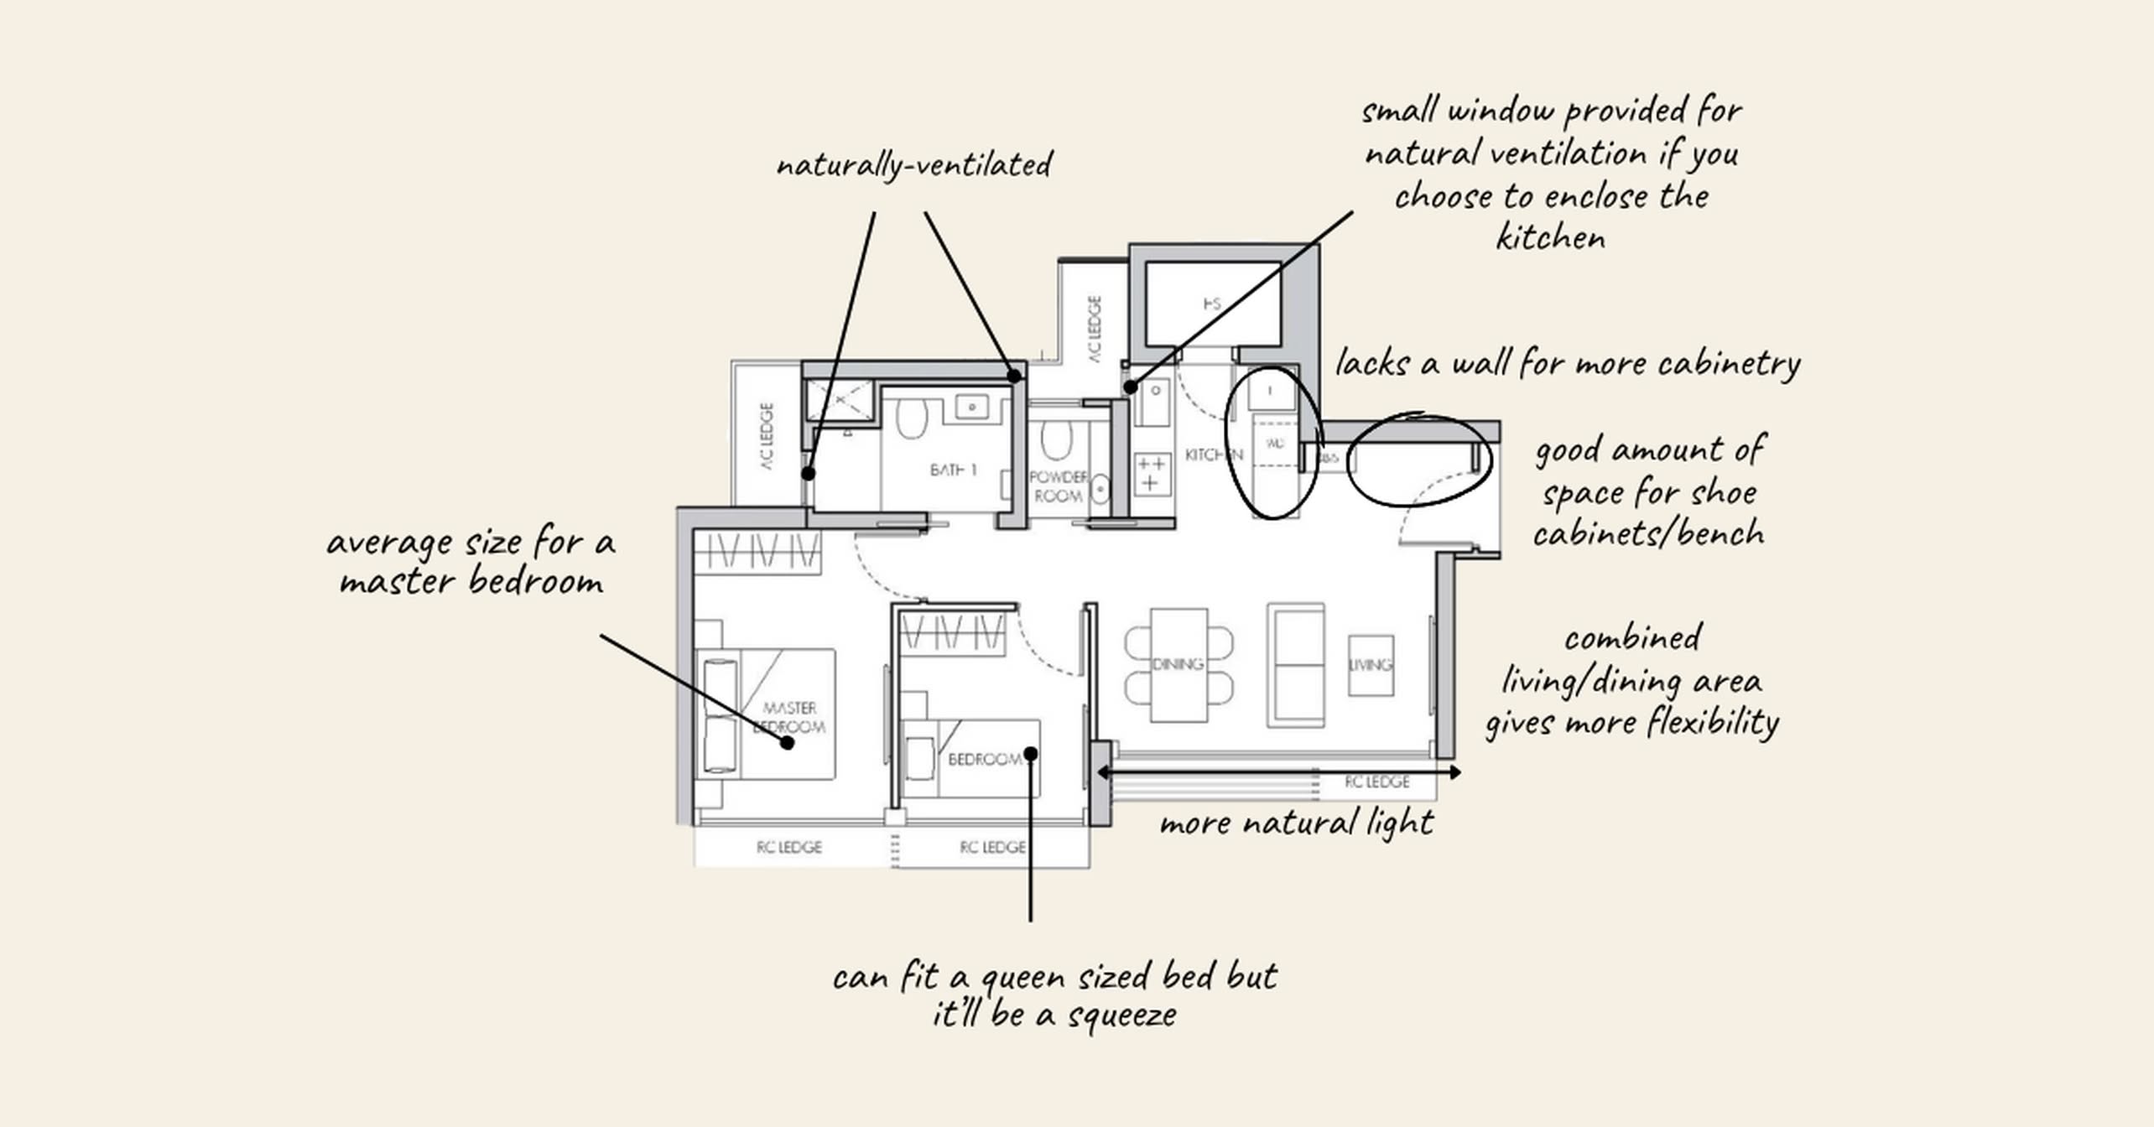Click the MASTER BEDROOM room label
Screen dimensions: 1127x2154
pos(789,718)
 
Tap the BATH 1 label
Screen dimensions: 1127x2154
pos(954,470)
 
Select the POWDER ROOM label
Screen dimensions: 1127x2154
pos(1059,486)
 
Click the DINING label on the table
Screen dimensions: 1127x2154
pos(1178,664)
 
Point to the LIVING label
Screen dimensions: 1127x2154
pos(1371,665)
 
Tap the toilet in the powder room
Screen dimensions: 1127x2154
pos(1057,439)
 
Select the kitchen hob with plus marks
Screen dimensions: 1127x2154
pos(1151,474)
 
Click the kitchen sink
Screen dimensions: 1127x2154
pos(1153,402)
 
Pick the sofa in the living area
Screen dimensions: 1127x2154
pos(1297,665)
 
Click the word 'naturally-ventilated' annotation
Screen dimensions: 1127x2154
pos(914,164)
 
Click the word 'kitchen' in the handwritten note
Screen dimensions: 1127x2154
pos(1551,238)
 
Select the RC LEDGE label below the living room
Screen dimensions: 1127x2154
pos(1377,782)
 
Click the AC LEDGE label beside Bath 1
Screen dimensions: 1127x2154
pos(767,436)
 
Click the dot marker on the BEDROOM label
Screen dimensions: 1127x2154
pos(1031,753)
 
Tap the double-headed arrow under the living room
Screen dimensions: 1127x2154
pos(1278,771)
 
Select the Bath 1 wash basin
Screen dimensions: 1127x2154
pos(971,408)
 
